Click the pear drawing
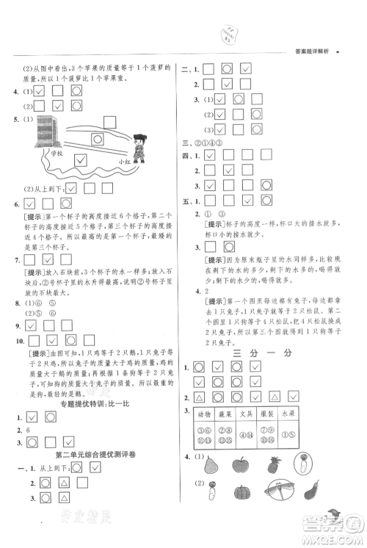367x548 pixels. pyautogui.click(x=211, y=464)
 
